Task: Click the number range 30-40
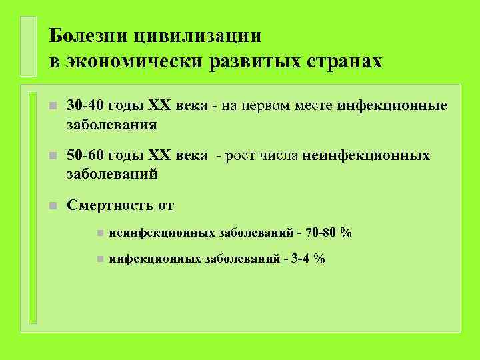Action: coord(85,106)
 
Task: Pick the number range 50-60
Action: coord(85,155)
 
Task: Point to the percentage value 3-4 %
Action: coord(307,259)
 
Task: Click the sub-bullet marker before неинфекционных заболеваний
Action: coord(97,233)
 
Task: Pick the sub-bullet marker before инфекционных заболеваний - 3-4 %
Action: coord(97,259)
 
